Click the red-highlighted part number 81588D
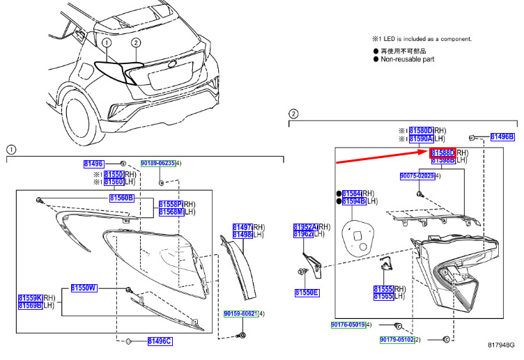[442, 152]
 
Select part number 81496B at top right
[502, 137]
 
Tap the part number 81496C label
[159, 341]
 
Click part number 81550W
[84, 288]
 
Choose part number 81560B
[122, 198]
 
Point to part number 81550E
[306, 292]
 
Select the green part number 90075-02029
[417, 177]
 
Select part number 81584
[352, 193]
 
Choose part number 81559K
[30, 297]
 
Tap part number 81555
[383, 289]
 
